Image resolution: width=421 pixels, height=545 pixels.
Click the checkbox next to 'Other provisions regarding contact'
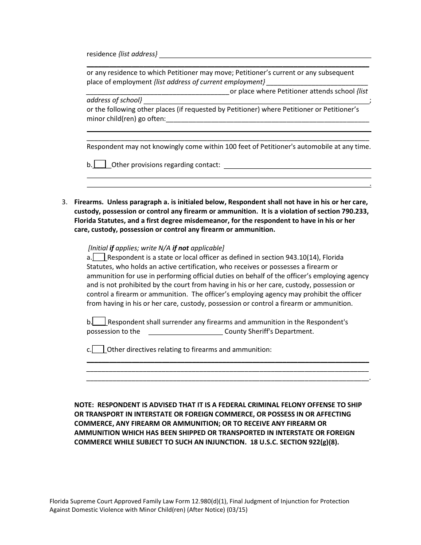[100, 165]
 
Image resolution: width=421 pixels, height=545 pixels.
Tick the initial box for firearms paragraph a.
[99, 257]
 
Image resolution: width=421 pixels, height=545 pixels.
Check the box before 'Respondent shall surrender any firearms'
[99, 322]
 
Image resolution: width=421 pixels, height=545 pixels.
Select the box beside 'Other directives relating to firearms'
[99, 350]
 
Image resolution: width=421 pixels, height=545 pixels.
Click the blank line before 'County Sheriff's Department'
[185, 332]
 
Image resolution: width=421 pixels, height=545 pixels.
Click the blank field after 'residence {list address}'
[265, 54]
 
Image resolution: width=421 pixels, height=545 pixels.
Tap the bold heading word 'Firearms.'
[89, 202]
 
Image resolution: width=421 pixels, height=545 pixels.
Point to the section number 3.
[64, 202]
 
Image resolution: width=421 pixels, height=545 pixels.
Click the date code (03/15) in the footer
[240, 510]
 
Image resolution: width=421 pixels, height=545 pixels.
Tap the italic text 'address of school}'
[114, 100]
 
